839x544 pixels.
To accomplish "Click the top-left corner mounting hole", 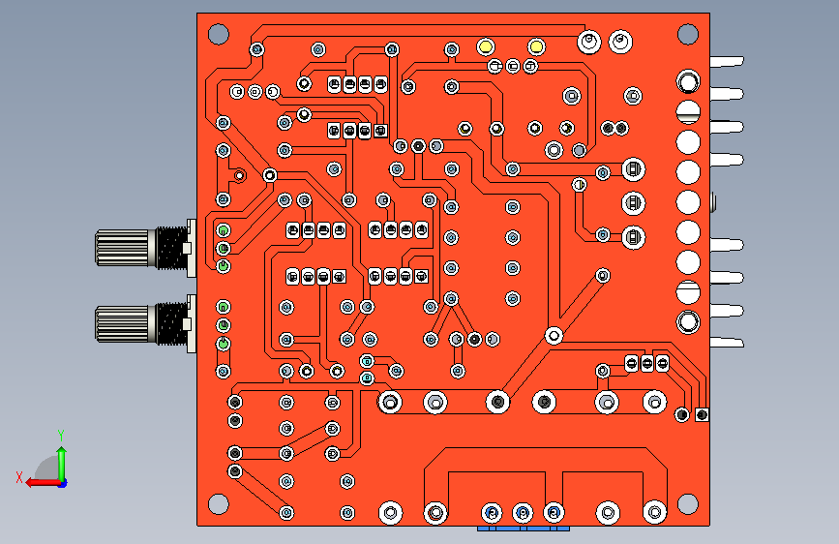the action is click(x=219, y=34).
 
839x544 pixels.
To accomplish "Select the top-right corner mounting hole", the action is click(x=688, y=34).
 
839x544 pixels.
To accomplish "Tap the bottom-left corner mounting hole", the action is click(x=219, y=504).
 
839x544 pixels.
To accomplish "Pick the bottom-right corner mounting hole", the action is click(x=688, y=504).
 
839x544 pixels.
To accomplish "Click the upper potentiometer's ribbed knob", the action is click(x=122, y=248).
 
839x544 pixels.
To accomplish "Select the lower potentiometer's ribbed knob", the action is click(x=122, y=323).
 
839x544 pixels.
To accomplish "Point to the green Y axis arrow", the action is click(x=62, y=465).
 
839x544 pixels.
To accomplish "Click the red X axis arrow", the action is click(x=44, y=483).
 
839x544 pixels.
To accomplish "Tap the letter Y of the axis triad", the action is click(x=61, y=435).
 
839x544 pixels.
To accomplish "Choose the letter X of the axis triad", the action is click(x=19, y=477).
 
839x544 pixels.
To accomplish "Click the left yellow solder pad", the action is click(x=486, y=47).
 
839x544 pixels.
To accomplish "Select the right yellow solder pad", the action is click(x=536, y=47).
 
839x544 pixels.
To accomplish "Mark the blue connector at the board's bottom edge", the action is click(x=524, y=529).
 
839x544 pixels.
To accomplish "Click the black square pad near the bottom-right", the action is click(x=702, y=414).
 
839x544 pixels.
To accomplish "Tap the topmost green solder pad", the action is click(x=224, y=230).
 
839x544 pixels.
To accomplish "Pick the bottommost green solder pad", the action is click(x=224, y=344).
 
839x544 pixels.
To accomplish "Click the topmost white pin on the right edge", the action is click(x=727, y=62).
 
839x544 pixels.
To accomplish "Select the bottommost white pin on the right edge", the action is click(x=727, y=342).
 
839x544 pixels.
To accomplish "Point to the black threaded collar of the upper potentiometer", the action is click(x=171, y=248).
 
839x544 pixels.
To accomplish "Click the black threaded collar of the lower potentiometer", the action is click(x=171, y=323).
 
